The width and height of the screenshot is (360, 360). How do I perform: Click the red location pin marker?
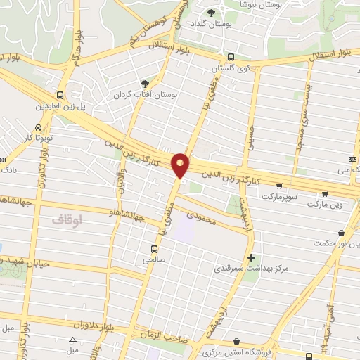181,166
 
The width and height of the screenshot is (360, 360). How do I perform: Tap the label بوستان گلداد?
212,24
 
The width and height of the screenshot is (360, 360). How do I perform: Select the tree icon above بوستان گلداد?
211,12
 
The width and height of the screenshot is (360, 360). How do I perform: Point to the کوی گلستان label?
232,69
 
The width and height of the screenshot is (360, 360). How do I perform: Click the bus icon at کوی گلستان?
231,58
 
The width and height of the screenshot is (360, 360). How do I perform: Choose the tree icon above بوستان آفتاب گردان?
146,82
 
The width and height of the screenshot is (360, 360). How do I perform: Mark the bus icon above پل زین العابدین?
60,94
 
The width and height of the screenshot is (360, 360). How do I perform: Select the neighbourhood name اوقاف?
67,220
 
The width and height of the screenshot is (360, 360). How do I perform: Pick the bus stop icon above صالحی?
154,248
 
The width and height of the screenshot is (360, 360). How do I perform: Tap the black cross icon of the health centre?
251,257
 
